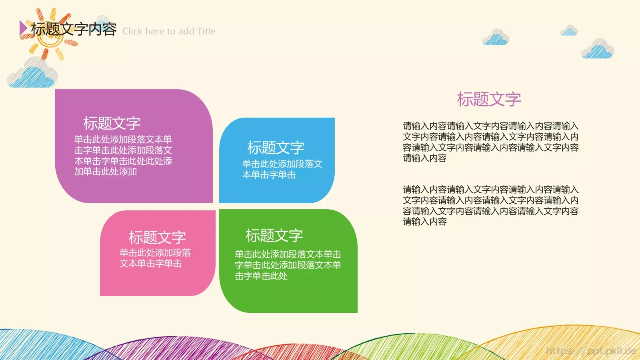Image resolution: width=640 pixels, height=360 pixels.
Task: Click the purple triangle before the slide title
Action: click(23, 28)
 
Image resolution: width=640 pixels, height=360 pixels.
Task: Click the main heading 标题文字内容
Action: click(74, 29)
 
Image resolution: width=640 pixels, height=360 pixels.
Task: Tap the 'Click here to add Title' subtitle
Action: click(169, 31)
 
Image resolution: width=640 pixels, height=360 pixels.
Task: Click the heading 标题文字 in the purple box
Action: click(112, 123)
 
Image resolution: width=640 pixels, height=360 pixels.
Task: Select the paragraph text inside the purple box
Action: click(123, 156)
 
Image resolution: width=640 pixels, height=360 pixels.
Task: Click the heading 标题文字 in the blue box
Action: click(276, 148)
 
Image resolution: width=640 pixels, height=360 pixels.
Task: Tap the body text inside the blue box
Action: click(282, 169)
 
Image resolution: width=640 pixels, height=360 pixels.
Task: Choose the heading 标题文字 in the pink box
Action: click(157, 237)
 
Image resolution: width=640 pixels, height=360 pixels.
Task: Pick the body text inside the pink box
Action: click(155, 258)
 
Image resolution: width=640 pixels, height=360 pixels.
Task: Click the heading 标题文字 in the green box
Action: click(274, 236)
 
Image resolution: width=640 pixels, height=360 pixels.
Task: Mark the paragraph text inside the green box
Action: click(288, 265)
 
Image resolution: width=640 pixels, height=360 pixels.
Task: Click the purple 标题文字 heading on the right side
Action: click(489, 99)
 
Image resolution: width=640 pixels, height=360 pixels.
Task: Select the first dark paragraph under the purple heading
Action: click(490, 142)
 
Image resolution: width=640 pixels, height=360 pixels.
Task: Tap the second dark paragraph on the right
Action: click(490, 206)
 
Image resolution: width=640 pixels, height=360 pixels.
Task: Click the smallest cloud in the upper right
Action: click(569, 30)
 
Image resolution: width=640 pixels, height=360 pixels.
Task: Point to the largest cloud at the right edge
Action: click(598, 50)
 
